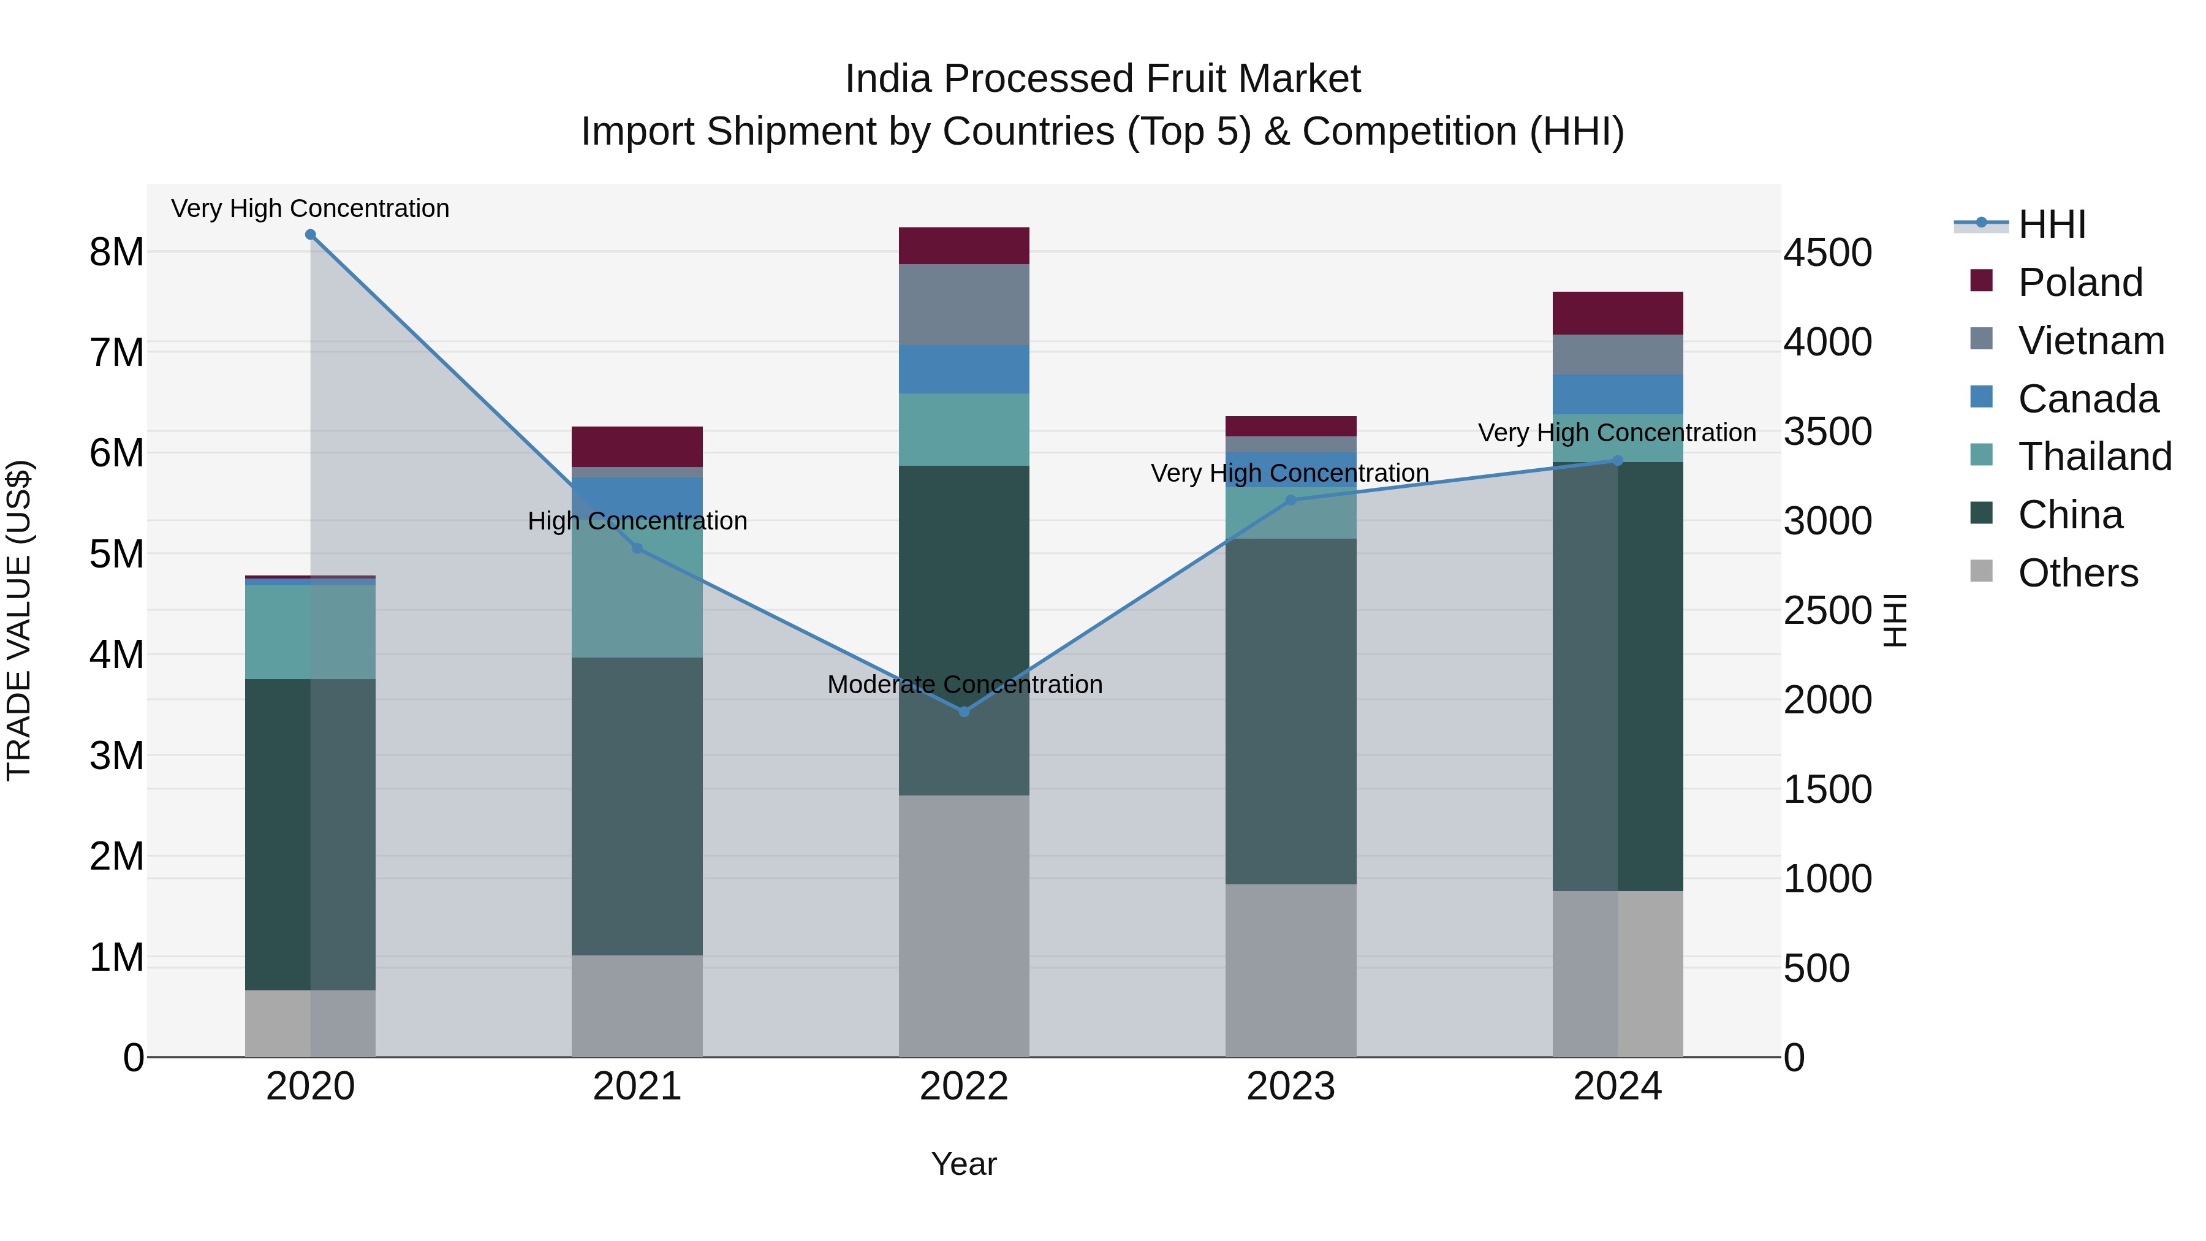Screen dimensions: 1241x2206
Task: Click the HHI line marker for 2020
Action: [310, 235]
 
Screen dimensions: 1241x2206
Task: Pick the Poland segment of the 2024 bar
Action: [1617, 313]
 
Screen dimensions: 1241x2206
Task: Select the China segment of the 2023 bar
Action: [1291, 711]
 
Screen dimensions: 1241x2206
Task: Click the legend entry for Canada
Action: [2087, 399]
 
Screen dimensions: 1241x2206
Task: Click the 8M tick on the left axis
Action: [116, 252]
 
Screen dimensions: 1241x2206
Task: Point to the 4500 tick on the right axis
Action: [1827, 254]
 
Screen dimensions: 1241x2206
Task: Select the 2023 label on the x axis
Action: [1291, 1087]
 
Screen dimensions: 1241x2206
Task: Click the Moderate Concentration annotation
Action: [965, 685]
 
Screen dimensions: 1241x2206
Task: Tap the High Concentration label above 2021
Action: [637, 521]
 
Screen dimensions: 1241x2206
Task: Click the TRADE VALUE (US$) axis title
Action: [19, 620]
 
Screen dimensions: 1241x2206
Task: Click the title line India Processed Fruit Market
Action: [1102, 79]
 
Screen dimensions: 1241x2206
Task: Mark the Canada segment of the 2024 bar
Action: [1617, 394]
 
